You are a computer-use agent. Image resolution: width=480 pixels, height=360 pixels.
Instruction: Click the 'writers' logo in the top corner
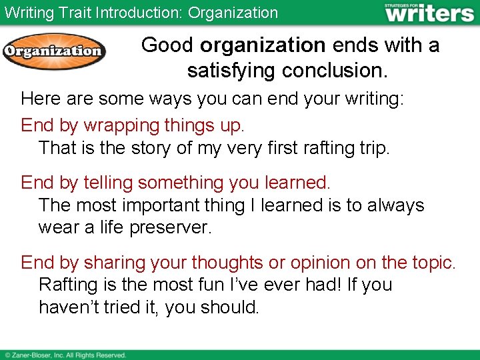pyautogui.click(x=429, y=13)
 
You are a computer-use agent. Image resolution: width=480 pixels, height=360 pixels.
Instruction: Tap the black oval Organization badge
pyautogui.click(x=54, y=51)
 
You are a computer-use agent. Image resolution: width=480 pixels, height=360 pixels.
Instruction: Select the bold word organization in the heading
pyautogui.click(x=263, y=45)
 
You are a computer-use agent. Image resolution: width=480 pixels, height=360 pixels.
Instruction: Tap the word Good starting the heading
pyautogui.click(x=167, y=45)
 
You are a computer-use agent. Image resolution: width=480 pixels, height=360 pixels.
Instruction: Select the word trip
pyautogui.click(x=373, y=147)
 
